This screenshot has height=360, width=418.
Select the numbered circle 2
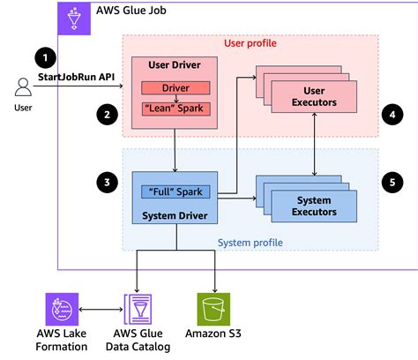(107, 114)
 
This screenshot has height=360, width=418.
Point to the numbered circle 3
(107, 183)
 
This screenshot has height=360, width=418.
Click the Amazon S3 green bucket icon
(213, 311)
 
